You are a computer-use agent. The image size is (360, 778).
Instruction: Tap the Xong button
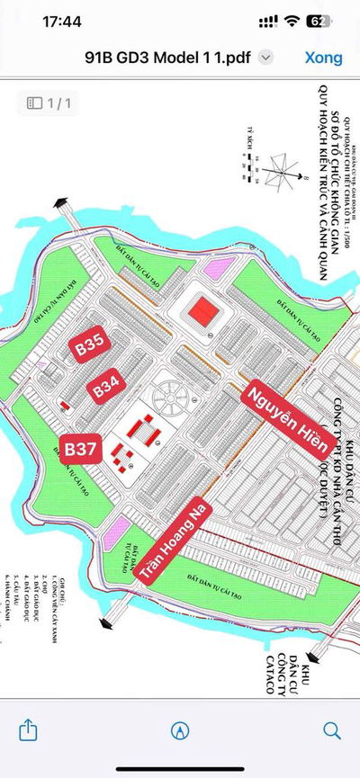pyautogui.click(x=323, y=57)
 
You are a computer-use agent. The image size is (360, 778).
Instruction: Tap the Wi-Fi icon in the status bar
pyautogui.click(x=291, y=20)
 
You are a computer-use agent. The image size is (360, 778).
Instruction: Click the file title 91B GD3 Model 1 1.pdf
pyautogui.click(x=166, y=57)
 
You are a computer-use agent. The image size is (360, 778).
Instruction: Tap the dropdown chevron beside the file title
pyautogui.click(x=265, y=57)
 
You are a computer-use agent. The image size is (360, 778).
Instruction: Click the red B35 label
pyautogui.click(x=91, y=348)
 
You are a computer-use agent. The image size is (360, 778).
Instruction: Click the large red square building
pyautogui.click(x=202, y=311)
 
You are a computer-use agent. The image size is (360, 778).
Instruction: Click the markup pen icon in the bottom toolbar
pyautogui.click(x=180, y=729)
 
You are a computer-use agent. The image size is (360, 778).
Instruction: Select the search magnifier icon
pyautogui.click(x=331, y=729)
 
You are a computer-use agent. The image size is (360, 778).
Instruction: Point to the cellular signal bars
pyautogui.click(x=264, y=20)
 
